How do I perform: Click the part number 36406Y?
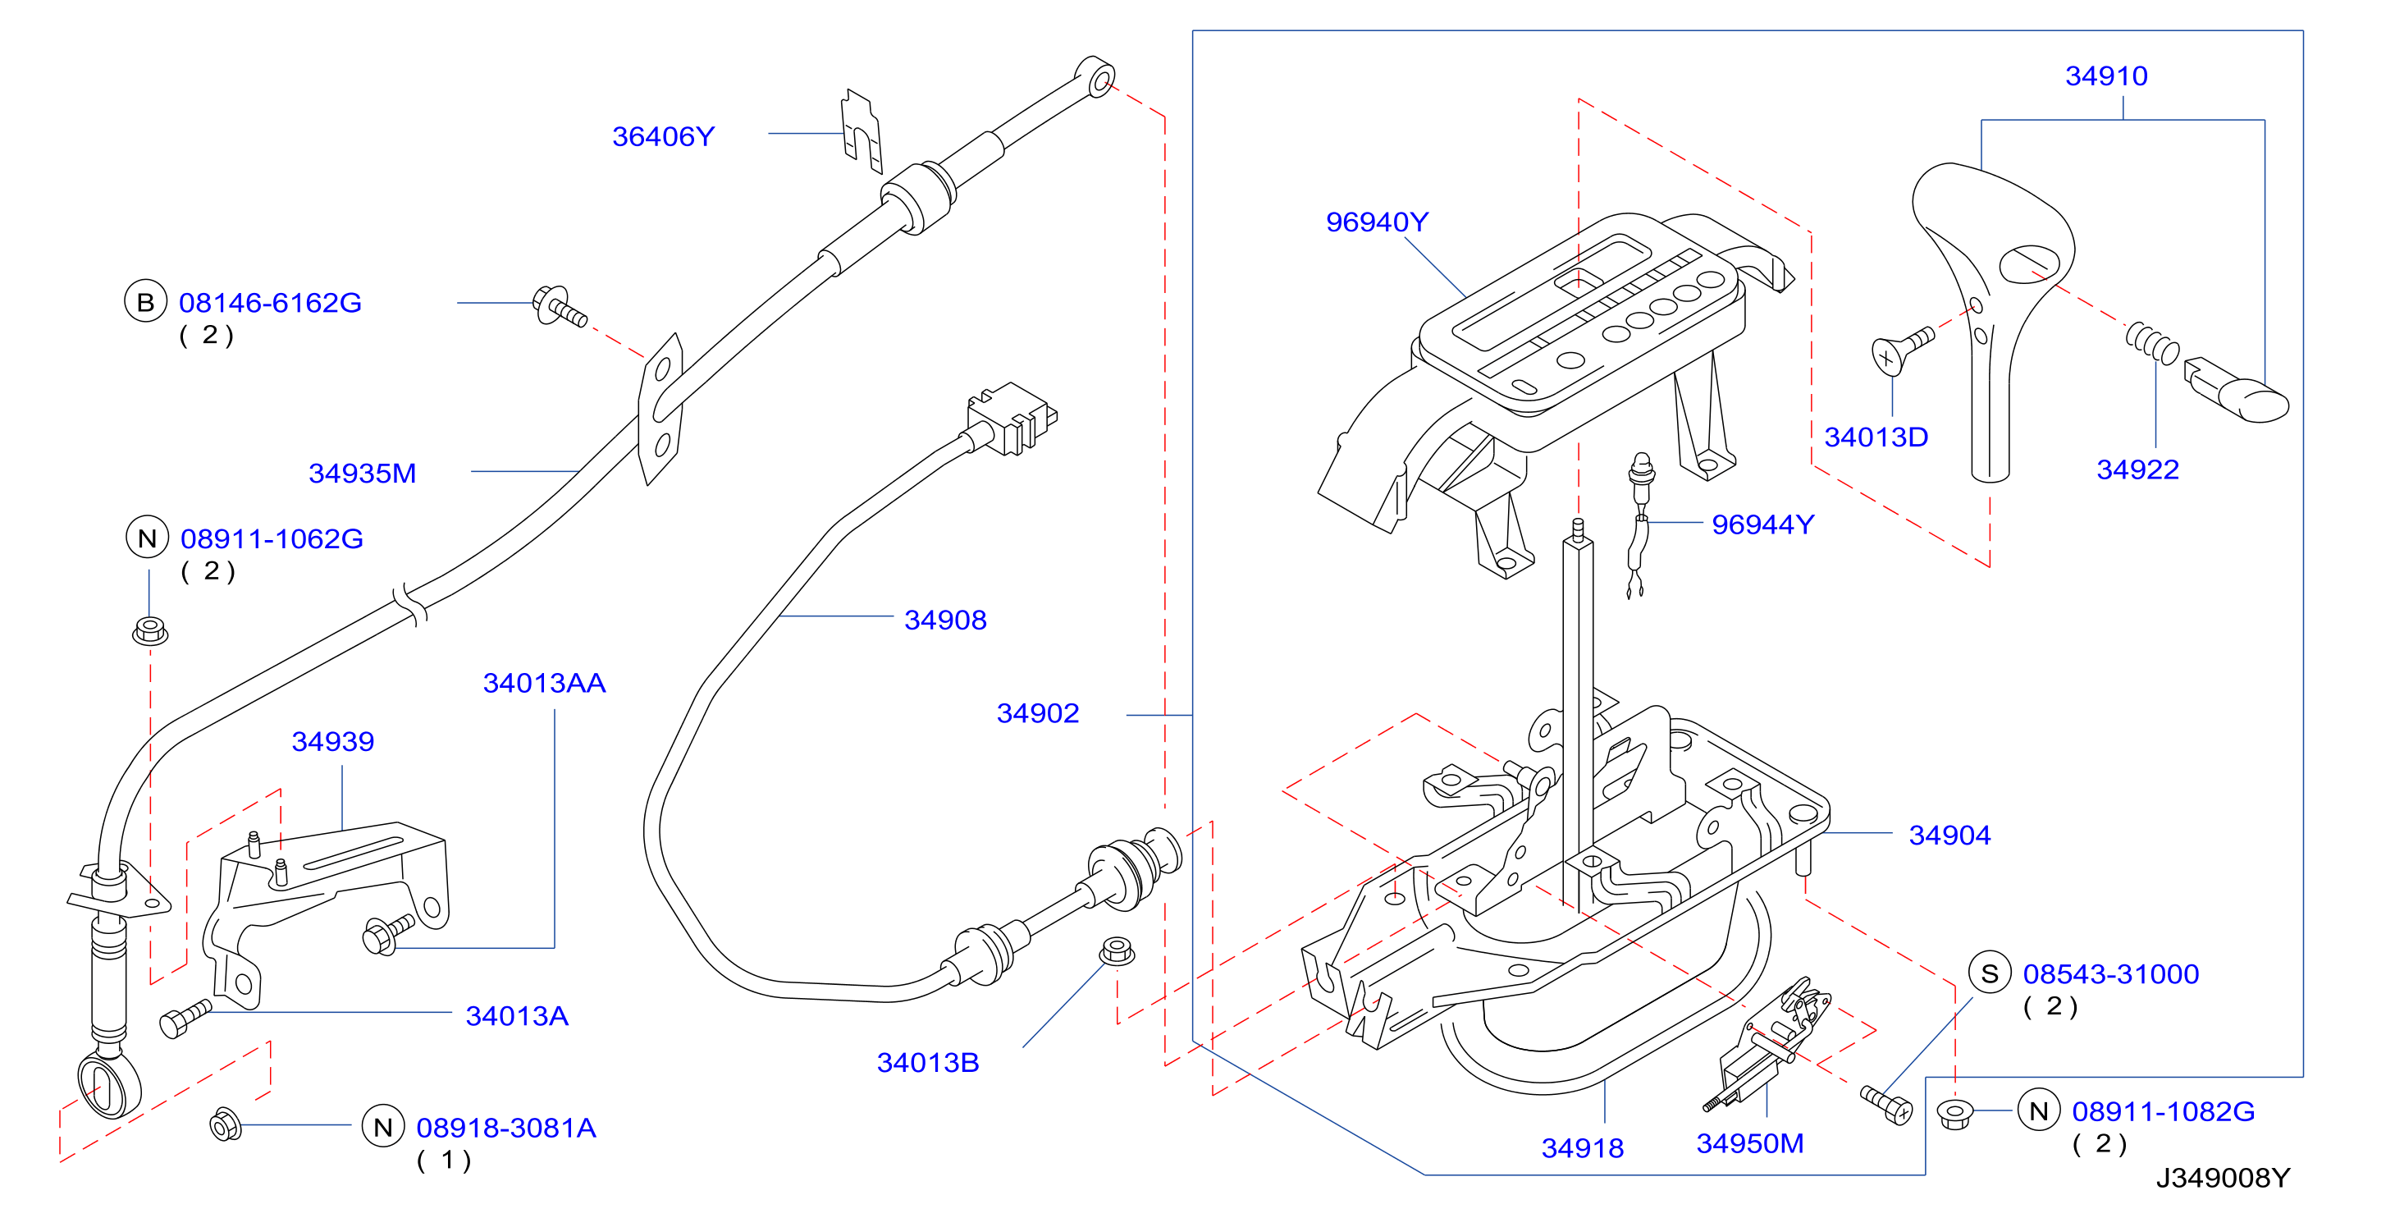[x=663, y=137]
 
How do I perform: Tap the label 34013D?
[x=1876, y=437]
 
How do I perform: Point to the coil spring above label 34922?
[x=2151, y=343]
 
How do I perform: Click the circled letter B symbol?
[x=145, y=302]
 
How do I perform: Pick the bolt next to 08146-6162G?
[x=559, y=307]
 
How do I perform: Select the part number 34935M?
[x=362, y=474]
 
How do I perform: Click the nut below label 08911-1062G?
[x=149, y=630]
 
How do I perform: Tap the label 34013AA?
[x=544, y=684]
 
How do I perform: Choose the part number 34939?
[x=333, y=742]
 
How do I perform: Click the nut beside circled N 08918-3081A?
[x=226, y=1124]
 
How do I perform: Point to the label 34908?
[x=944, y=620]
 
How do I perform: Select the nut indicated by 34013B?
[x=1116, y=951]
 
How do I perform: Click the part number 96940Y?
[x=1376, y=222]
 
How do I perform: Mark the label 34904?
[x=1949, y=835]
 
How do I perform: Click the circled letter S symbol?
[x=1990, y=973]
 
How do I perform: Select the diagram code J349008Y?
[x=2223, y=1178]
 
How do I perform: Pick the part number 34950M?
[x=1750, y=1143]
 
